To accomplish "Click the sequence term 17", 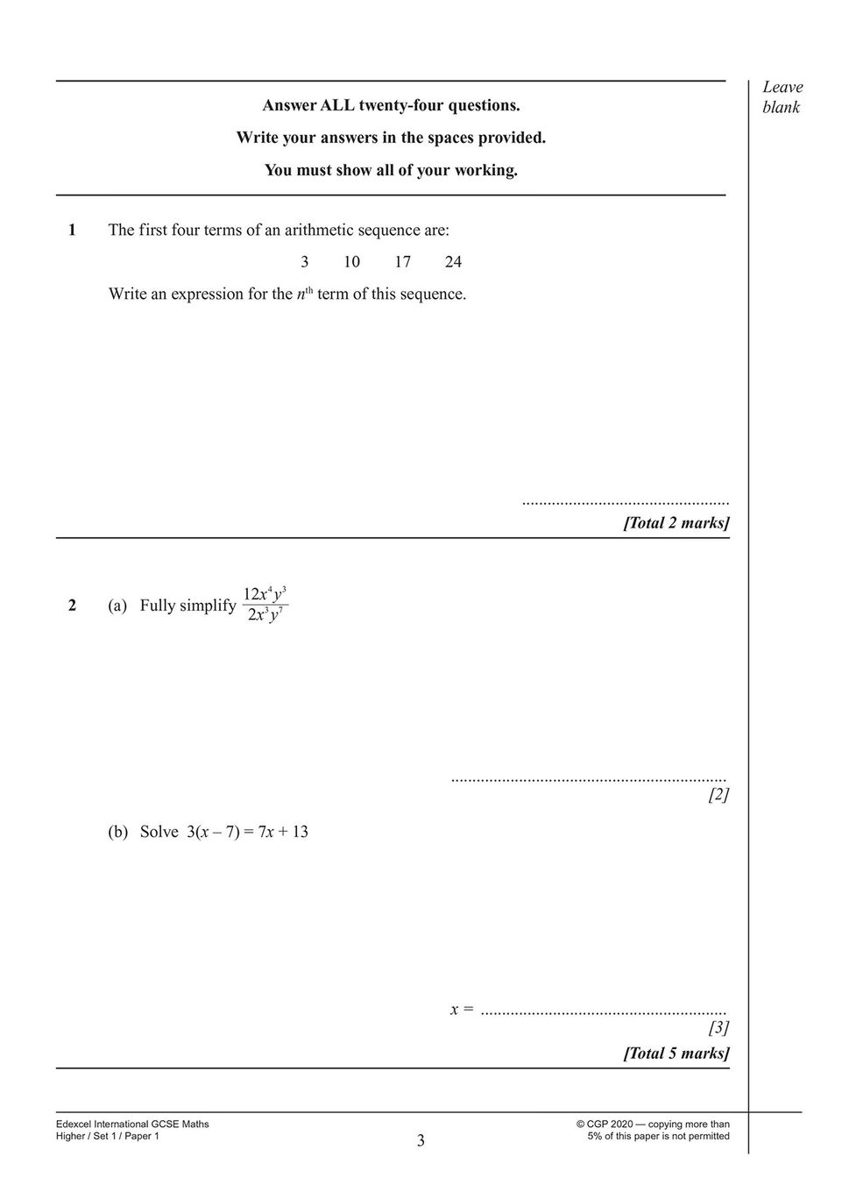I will click(x=402, y=262).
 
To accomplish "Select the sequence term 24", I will click(x=453, y=262).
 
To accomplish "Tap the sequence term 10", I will click(x=351, y=262).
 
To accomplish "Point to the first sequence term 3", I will click(x=304, y=262).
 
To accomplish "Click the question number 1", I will click(x=72, y=231).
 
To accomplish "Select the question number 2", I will click(x=72, y=606).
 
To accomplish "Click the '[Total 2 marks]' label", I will click(x=676, y=523).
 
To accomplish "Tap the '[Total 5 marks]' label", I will click(x=676, y=1054).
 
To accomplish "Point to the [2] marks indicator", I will click(x=718, y=795).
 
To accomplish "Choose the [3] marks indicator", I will click(x=718, y=1027).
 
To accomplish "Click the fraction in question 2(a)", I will click(x=265, y=604).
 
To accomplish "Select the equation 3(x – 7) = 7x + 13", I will click(x=247, y=832).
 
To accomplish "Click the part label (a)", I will click(x=117, y=606).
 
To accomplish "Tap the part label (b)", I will click(x=117, y=832).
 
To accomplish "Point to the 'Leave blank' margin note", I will click(x=782, y=97).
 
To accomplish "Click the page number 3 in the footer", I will click(x=421, y=1140).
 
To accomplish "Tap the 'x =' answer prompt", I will click(x=462, y=1010).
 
